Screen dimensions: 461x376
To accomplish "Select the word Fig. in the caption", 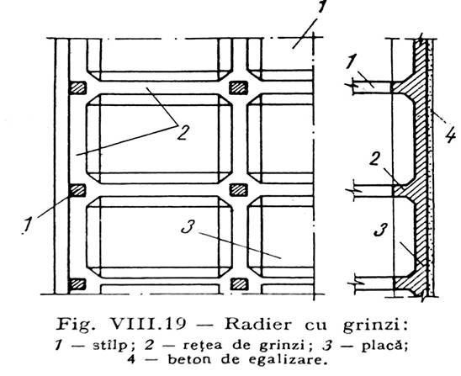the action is pos(77,326).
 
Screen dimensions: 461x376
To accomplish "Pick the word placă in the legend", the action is pos(384,346).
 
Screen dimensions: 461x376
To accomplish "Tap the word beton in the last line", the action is pos(189,359).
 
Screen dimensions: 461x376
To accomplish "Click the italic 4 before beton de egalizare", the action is pos(131,359).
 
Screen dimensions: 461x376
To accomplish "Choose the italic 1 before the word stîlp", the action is pos(59,346).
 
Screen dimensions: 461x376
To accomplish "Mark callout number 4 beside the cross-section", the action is pos(450,135).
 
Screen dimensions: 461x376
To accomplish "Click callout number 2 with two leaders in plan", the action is pos(183,132).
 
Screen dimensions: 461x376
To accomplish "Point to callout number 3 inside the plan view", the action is pos(188,226).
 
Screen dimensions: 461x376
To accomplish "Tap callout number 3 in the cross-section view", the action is pos(380,230).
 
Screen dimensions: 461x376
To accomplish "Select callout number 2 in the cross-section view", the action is pos(374,159).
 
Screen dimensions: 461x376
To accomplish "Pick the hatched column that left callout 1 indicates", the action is pos(77,190).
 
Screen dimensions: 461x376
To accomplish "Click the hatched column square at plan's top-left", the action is pos(77,87).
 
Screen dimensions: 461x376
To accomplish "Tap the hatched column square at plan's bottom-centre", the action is pos(239,284).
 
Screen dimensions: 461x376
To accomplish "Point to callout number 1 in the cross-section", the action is pos(350,62).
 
